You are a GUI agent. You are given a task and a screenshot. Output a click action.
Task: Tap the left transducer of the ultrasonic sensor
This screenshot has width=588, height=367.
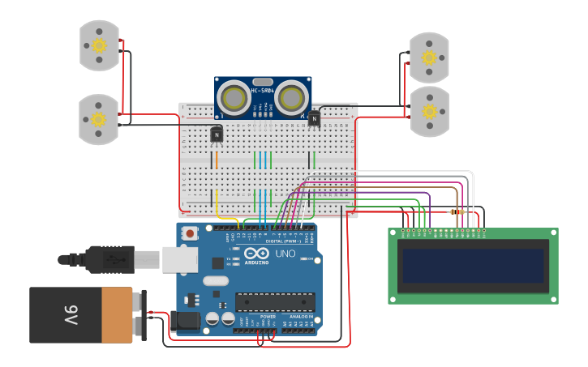pos(234,99)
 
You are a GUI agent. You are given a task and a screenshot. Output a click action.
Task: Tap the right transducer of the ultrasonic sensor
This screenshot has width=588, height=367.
pos(290,99)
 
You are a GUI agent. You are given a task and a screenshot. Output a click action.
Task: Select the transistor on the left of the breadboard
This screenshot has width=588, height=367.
pos(217,134)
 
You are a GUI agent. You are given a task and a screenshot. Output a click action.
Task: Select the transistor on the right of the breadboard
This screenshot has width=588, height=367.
pos(314,118)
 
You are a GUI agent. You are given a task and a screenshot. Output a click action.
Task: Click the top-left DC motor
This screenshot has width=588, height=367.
pos(99,45)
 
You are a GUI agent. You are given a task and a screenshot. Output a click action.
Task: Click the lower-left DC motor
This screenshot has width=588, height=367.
pos(98,119)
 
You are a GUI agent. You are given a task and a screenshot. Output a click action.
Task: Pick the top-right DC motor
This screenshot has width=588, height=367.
pos(428,58)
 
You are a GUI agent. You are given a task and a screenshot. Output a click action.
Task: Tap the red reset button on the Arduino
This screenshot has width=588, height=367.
pos(190,234)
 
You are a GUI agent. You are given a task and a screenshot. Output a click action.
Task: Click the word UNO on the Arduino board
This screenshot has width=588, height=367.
pos(285,254)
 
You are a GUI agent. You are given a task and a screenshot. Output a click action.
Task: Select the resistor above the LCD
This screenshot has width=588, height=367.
pos(457,212)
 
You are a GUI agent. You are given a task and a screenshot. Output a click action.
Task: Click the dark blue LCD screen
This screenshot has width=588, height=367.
pos(473,266)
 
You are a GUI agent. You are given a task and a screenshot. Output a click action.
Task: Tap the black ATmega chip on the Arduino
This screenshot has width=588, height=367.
pos(275,301)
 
